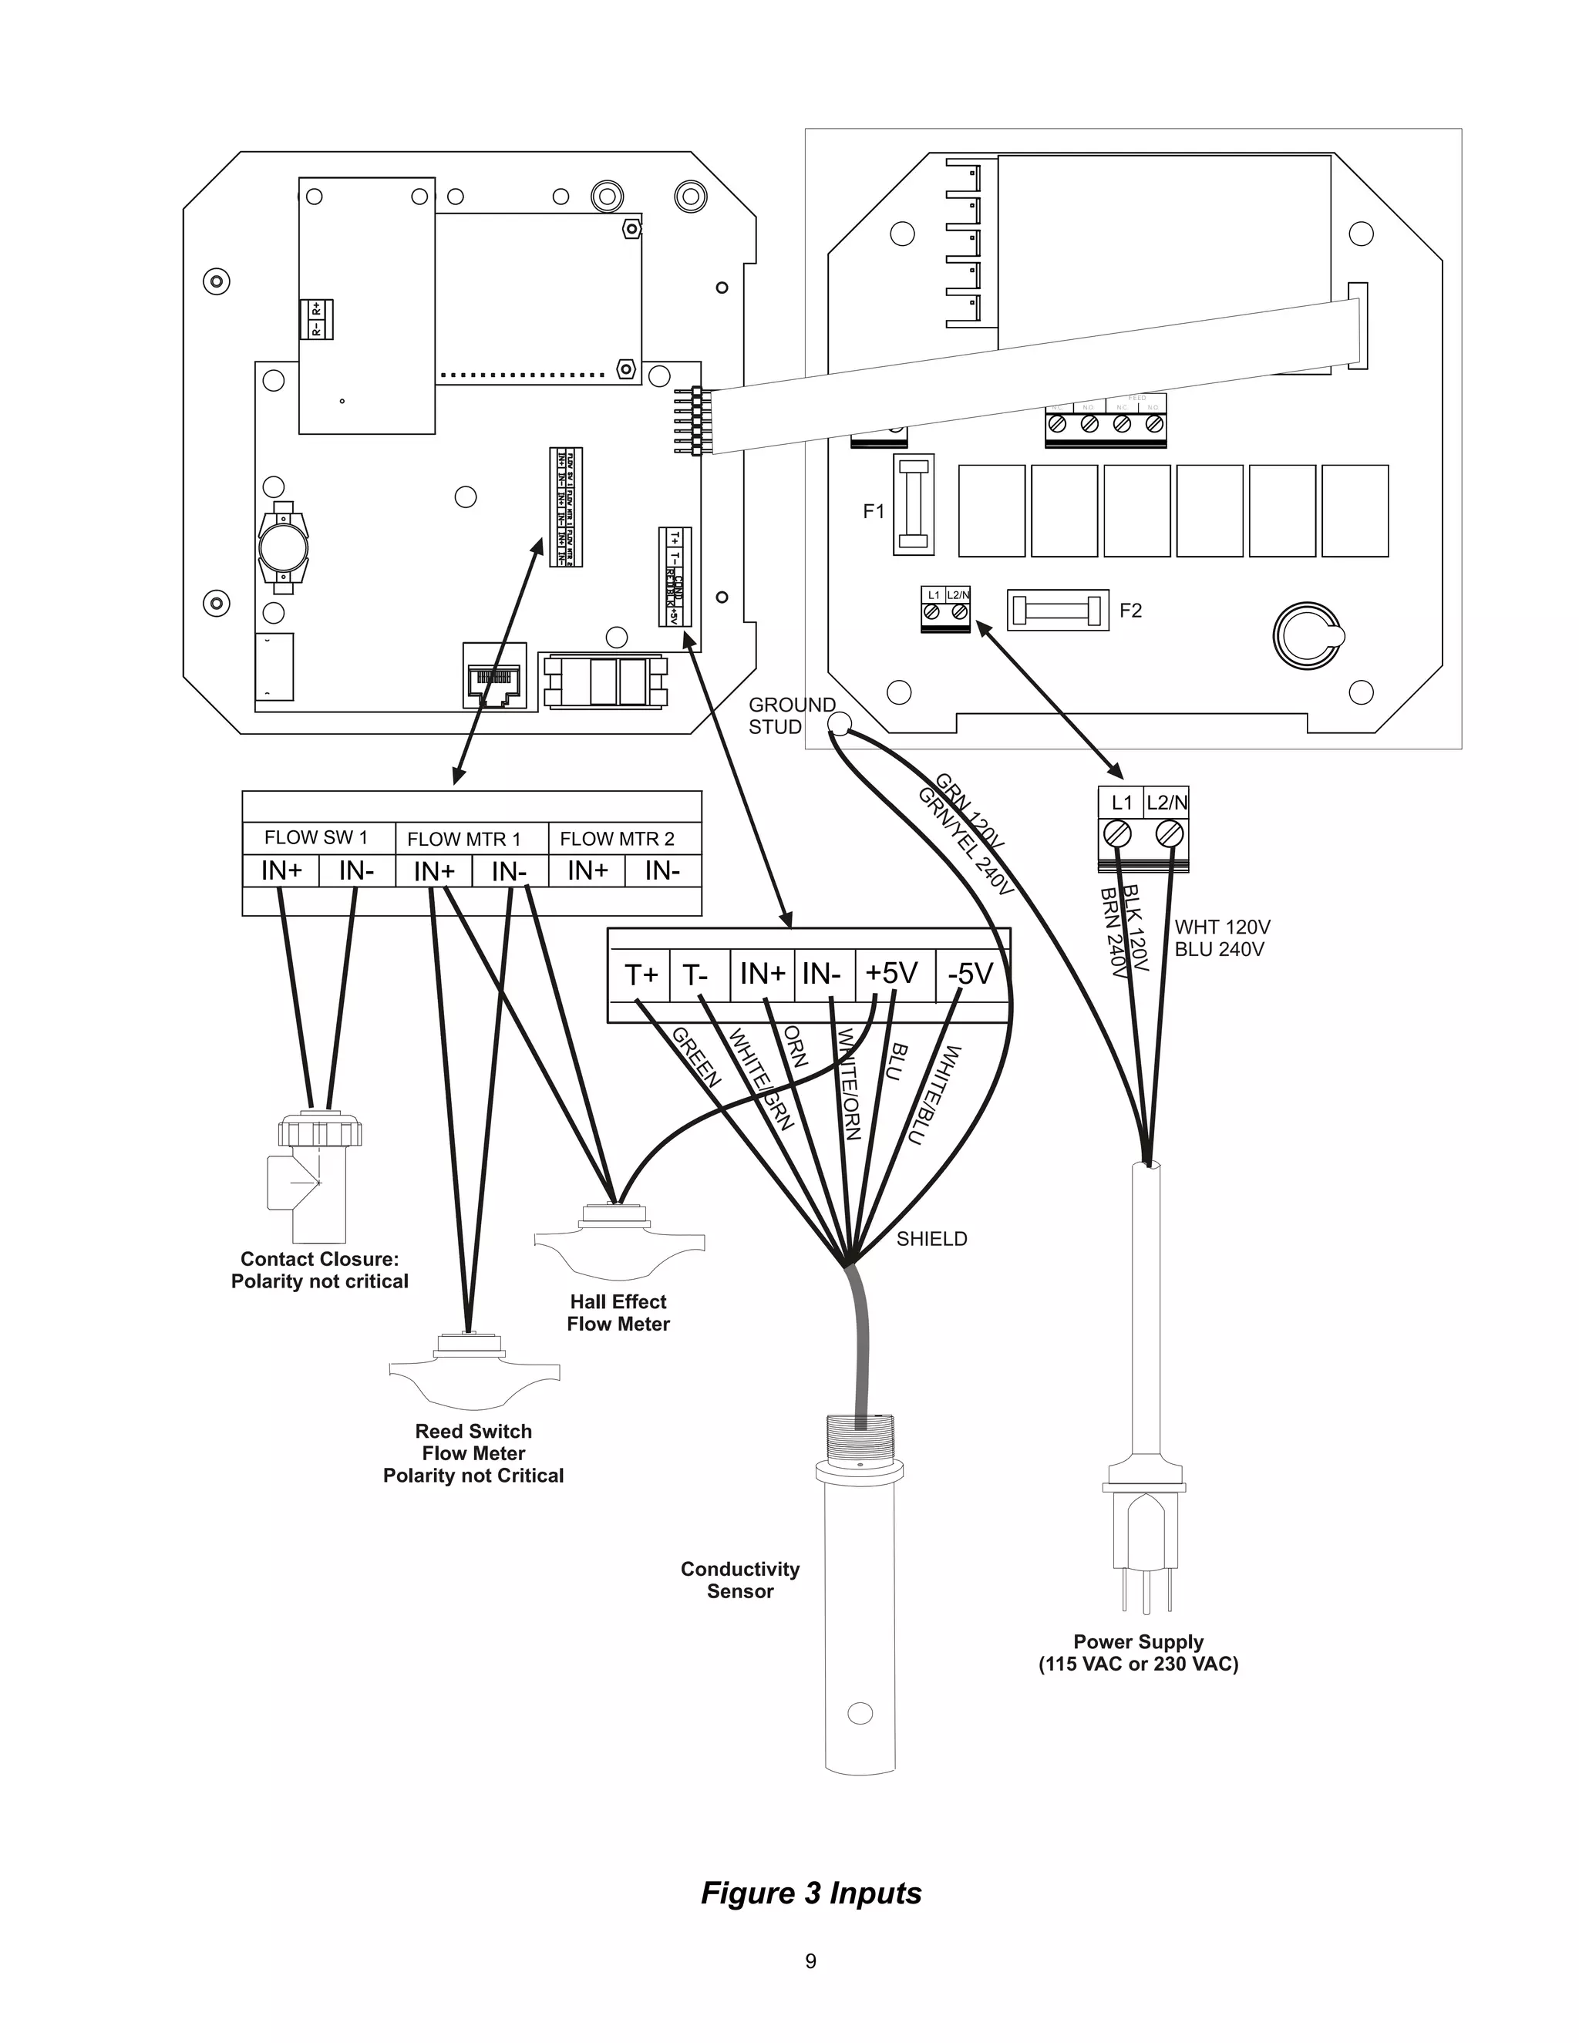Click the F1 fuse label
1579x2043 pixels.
[x=873, y=512]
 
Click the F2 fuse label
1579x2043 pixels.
[x=1130, y=611]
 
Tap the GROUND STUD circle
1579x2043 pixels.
[x=839, y=722]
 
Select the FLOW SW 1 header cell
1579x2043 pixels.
[x=316, y=837]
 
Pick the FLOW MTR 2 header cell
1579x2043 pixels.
[x=617, y=839]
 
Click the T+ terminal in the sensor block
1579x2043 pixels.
[x=641, y=974]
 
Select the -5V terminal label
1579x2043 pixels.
[x=970, y=974]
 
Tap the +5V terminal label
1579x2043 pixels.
[x=891, y=973]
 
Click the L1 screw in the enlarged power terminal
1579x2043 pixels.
[x=1118, y=833]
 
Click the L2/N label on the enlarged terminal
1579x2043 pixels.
[x=1167, y=803]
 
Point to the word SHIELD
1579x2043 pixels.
[x=931, y=1239]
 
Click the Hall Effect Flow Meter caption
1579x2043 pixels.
[x=618, y=1312]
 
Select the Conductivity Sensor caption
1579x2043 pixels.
[x=740, y=1580]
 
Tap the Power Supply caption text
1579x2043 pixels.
[x=1139, y=1652]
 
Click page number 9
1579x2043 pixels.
[x=811, y=1961]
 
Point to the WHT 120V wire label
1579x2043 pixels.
[x=1222, y=927]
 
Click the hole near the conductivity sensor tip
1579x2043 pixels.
[x=859, y=1714]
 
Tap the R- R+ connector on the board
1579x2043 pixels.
[x=316, y=319]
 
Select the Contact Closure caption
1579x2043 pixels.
[x=320, y=1271]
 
